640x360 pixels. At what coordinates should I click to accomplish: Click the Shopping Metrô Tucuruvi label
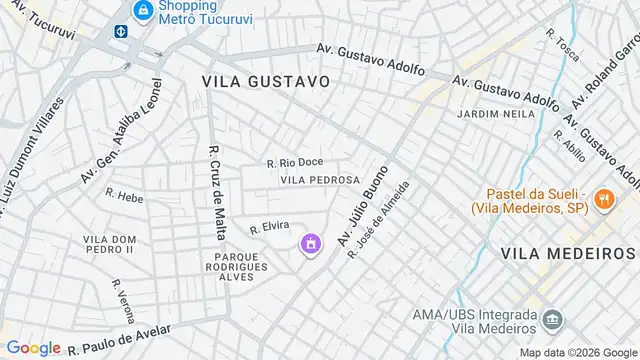(x=207, y=11)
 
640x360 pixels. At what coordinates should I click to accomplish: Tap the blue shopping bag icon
(x=144, y=11)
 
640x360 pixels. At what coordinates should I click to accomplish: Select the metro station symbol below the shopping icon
(x=121, y=31)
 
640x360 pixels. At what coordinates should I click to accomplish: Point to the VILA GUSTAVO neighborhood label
(x=265, y=80)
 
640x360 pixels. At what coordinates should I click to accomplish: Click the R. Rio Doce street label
(x=295, y=162)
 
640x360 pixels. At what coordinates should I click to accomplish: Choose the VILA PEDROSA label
(x=320, y=180)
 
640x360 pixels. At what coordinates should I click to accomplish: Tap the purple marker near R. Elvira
(x=311, y=243)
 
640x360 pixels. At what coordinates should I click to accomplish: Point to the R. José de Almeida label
(x=379, y=220)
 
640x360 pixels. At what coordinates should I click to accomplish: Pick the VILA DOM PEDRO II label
(x=109, y=243)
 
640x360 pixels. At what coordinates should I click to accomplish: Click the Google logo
(x=33, y=347)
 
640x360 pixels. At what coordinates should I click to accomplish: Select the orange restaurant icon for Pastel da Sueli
(x=603, y=200)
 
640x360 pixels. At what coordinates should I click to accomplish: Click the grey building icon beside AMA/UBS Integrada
(x=552, y=320)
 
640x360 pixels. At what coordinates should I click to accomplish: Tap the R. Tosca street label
(x=563, y=43)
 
